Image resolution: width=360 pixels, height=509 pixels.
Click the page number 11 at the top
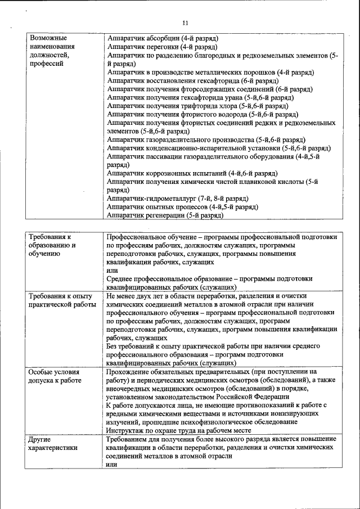[185, 22]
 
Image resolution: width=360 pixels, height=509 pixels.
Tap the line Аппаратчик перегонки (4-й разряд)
[162, 47]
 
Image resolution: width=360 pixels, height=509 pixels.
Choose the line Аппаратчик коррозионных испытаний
[192, 173]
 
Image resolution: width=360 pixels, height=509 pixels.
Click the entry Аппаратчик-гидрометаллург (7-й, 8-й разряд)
[178, 199]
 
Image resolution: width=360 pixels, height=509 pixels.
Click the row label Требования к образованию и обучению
[53, 245]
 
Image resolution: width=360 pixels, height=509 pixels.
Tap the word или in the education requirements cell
[112, 270]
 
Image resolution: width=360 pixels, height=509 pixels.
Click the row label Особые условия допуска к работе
[55, 376]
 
